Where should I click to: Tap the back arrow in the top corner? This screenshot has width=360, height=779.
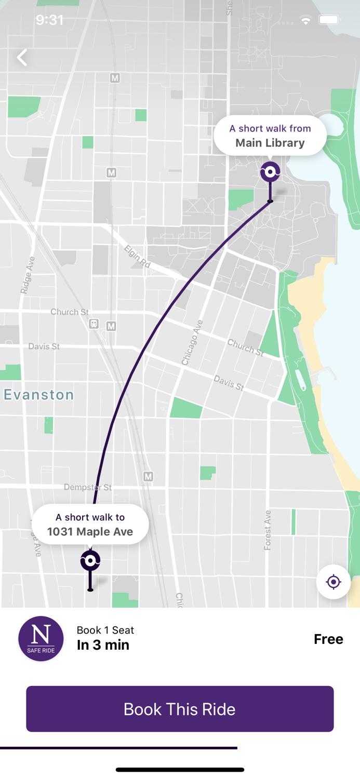[x=22, y=58]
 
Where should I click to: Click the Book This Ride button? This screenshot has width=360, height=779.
[x=180, y=709]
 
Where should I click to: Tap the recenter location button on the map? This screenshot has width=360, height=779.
[x=333, y=582]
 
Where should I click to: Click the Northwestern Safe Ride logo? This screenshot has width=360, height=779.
[x=41, y=639]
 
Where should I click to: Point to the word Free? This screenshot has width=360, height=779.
[x=328, y=639]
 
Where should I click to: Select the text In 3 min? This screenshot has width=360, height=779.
[x=103, y=645]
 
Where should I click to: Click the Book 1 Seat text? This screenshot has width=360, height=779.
[x=105, y=630]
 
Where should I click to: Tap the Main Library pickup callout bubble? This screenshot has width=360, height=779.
[x=270, y=136]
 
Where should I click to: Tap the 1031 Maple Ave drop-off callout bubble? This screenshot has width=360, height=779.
[x=90, y=525]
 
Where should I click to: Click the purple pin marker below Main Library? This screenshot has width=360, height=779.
[x=270, y=172]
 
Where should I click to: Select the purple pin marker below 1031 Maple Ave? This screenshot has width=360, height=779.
[x=90, y=561]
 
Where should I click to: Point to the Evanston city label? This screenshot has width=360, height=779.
[x=39, y=395]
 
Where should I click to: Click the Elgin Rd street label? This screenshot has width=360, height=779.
[x=138, y=257]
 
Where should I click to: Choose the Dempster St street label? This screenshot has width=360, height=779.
[x=87, y=487]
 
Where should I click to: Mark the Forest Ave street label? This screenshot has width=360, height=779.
[x=268, y=530]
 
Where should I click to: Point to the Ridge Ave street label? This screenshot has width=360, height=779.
[x=28, y=275]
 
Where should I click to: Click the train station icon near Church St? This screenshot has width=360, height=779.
[x=94, y=324]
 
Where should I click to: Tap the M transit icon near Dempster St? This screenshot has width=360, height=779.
[x=148, y=476]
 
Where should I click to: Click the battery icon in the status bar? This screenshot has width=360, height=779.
[x=329, y=20]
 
